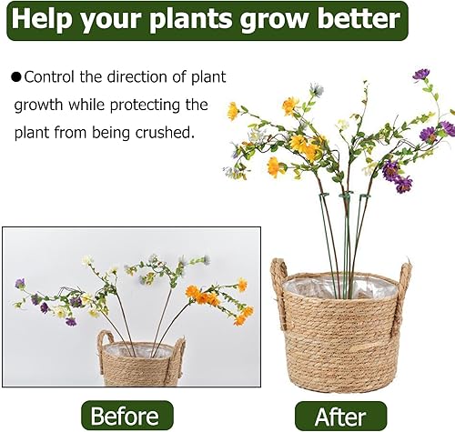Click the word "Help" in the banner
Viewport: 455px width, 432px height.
(45, 18)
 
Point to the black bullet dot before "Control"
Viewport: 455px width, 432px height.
(16, 78)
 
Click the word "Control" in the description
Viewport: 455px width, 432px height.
(52, 78)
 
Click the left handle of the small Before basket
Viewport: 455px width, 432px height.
(105, 345)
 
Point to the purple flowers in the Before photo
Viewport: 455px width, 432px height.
(41, 301)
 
